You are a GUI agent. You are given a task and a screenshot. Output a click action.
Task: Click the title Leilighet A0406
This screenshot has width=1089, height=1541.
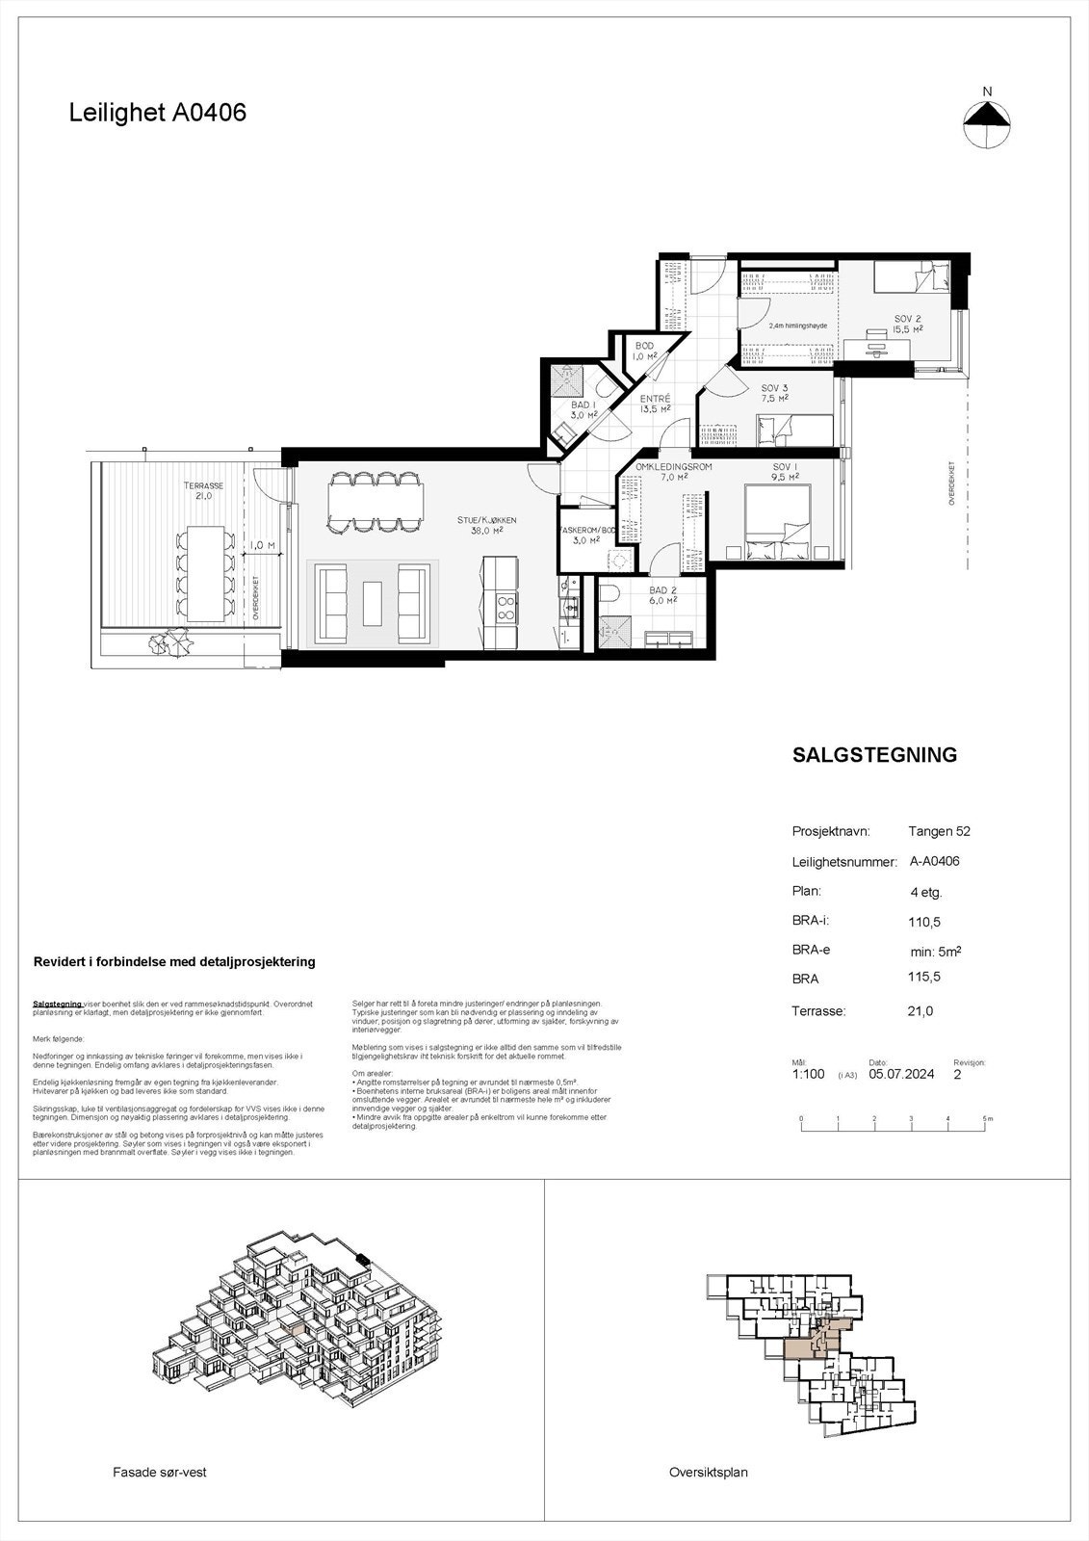158,113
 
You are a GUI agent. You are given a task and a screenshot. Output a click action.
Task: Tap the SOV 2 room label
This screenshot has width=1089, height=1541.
908,323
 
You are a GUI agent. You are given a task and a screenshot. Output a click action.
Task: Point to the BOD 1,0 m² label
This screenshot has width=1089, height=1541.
644,351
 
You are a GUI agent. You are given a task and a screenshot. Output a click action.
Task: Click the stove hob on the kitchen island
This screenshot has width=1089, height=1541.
505,608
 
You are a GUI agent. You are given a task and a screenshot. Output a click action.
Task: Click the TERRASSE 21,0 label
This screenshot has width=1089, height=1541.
203,491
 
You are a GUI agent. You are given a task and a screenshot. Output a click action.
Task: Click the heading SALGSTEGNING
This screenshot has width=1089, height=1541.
874,755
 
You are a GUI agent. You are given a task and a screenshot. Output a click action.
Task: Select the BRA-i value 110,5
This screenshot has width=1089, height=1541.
924,922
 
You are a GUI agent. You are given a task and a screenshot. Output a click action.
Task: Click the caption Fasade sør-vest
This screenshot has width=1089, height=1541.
160,1472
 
